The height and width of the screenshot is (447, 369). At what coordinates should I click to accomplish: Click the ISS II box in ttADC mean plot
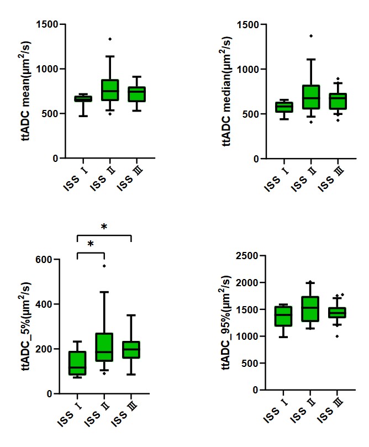click(x=110, y=90)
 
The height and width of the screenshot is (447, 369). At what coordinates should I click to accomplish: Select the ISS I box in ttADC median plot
click(x=284, y=107)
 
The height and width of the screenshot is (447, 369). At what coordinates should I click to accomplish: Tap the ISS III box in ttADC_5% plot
click(x=131, y=350)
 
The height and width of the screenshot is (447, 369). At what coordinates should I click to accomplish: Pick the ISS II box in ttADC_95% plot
click(x=310, y=309)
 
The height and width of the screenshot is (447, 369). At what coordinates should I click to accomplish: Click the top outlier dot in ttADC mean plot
click(x=110, y=39)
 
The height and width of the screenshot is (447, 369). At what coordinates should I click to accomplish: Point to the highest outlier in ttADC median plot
click(x=311, y=36)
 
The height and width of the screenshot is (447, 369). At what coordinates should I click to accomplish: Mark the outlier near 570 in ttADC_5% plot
click(x=104, y=266)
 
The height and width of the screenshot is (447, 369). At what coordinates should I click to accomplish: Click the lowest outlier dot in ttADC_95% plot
click(x=337, y=336)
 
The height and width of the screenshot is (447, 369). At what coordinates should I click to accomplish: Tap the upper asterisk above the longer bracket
click(x=104, y=227)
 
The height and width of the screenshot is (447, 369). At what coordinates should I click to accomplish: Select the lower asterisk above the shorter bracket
click(x=91, y=244)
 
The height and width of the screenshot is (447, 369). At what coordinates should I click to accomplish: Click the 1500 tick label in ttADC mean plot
click(x=47, y=24)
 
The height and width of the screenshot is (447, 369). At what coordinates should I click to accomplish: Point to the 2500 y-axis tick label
click(x=247, y=256)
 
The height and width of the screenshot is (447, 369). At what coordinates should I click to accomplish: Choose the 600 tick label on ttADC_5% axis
click(x=44, y=260)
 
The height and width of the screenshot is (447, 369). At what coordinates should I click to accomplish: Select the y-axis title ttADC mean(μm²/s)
click(x=25, y=91)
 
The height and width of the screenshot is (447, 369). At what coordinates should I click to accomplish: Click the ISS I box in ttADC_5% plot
click(x=77, y=363)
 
